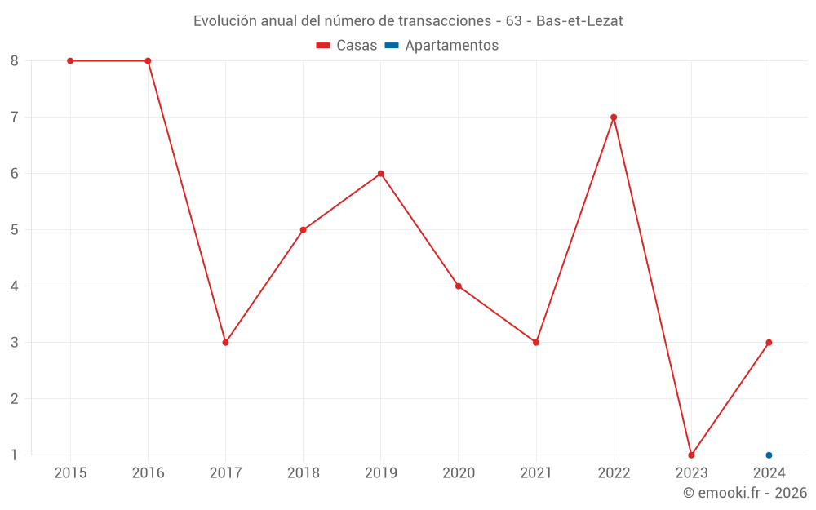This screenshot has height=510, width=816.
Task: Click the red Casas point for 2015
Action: (x=70, y=61)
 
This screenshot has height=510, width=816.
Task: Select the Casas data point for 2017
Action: (x=225, y=343)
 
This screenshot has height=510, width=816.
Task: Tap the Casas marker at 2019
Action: (x=381, y=174)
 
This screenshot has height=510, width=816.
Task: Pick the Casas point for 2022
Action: (x=614, y=118)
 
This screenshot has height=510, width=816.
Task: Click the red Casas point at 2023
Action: (x=691, y=455)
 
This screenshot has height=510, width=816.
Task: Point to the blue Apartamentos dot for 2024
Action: (x=769, y=455)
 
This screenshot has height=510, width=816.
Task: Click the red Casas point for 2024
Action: (x=769, y=343)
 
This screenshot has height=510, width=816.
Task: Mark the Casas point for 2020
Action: (x=459, y=286)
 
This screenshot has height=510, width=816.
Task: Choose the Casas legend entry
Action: (x=347, y=46)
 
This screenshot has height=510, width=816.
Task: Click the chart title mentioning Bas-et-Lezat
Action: (x=408, y=21)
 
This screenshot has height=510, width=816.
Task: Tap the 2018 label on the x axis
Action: (x=303, y=473)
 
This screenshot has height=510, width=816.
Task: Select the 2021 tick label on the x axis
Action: (x=536, y=473)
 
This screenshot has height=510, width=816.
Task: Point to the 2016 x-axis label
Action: (x=148, y=473)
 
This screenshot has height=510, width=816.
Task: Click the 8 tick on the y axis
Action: (x=15, y=61)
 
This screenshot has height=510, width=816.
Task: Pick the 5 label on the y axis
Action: (x=15, y=230)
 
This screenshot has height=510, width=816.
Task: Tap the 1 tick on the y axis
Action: (x=15, y=455)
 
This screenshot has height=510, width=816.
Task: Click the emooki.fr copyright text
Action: (x=744, y=493)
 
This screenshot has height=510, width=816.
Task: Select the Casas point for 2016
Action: (x=148, y=61)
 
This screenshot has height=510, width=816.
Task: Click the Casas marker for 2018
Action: (x=303, y=230)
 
